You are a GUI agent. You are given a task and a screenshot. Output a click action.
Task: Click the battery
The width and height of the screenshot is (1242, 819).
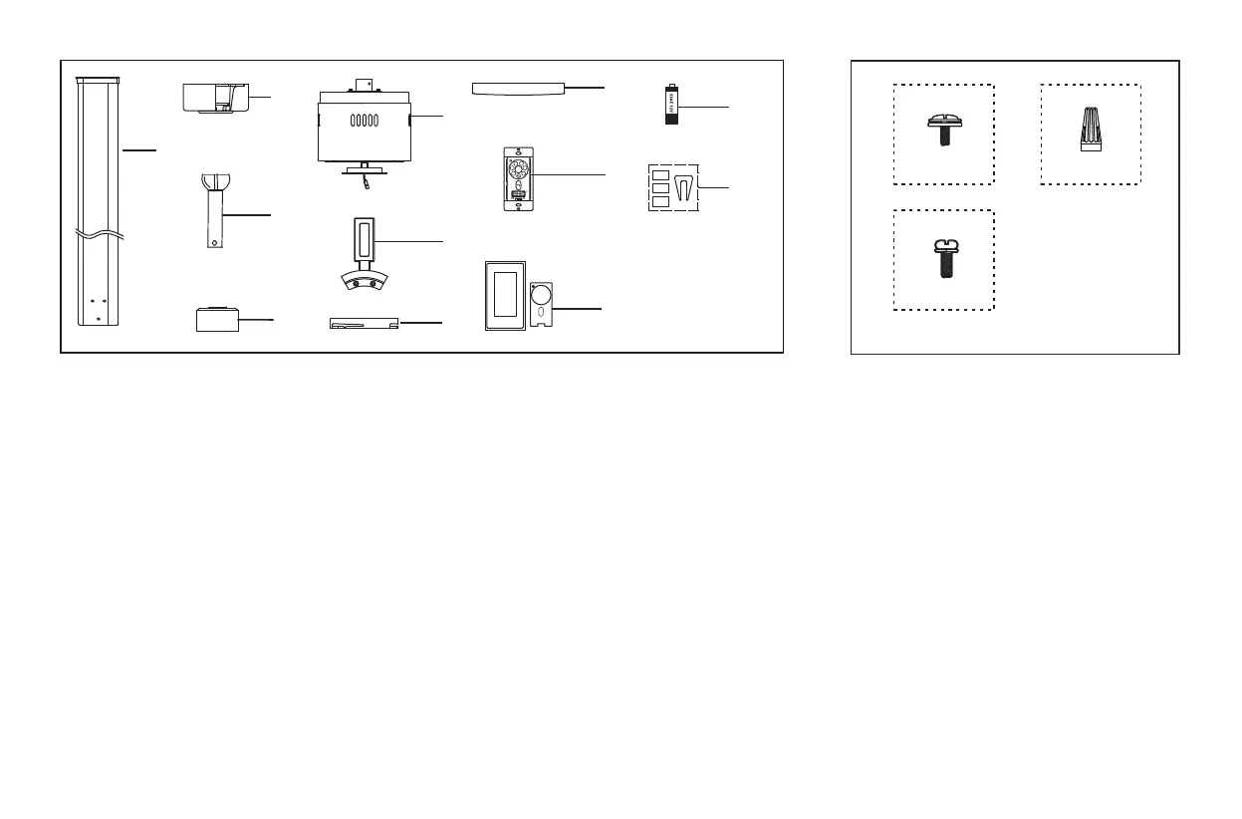coord(671,104)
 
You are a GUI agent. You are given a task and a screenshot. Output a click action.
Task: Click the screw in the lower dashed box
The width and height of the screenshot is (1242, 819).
coord(942,258)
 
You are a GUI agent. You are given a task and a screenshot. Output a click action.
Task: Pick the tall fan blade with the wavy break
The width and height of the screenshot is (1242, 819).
coord(99,199)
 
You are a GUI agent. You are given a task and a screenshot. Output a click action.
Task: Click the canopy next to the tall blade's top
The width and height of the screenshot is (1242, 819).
coord(214,100)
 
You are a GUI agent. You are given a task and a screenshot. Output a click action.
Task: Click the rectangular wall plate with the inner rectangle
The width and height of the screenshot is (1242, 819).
coord(505,296)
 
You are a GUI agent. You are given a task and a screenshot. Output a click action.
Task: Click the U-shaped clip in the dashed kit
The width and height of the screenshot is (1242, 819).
coord(684,187)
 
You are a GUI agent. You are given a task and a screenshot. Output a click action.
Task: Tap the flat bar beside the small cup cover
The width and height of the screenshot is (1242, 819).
coord(364,324)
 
